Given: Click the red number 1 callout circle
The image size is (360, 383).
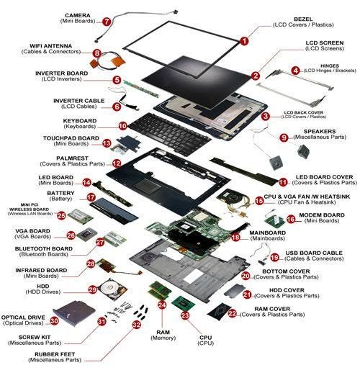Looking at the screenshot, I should click(x=244, y=42).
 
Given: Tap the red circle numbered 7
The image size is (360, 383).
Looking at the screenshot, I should click(x=107, y=22).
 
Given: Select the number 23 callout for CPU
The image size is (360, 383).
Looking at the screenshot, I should click(x=185, y=315).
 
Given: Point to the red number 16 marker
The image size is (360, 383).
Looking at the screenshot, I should click(x=291, y=219).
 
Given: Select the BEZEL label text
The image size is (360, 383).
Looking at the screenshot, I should click(x=294, y=19).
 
